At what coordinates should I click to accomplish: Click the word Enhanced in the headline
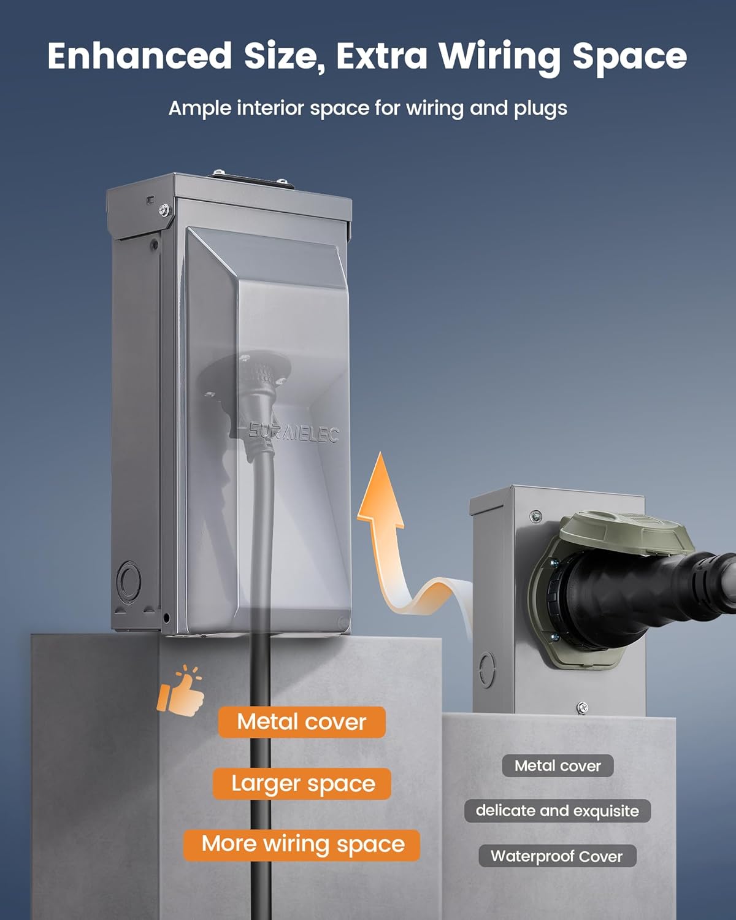[139, 56]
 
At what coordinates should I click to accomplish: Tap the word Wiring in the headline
[500, 58]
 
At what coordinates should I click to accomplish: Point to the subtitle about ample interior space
[368, 108]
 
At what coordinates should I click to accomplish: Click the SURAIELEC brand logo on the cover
[294, 434]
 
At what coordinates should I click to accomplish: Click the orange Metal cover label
[302, 722]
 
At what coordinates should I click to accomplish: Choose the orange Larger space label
[302, 784]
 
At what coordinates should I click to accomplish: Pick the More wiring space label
[302, 845]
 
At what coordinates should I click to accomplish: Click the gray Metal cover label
[558, 765]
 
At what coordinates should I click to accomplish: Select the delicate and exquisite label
[558, 811]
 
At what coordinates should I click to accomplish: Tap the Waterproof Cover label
[558, 856]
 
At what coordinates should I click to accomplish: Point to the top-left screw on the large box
[164, 210]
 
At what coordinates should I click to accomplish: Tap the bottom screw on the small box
[582, 708]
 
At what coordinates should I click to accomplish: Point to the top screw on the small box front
[535, 516]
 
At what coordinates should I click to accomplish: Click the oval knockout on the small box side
[487, 670]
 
